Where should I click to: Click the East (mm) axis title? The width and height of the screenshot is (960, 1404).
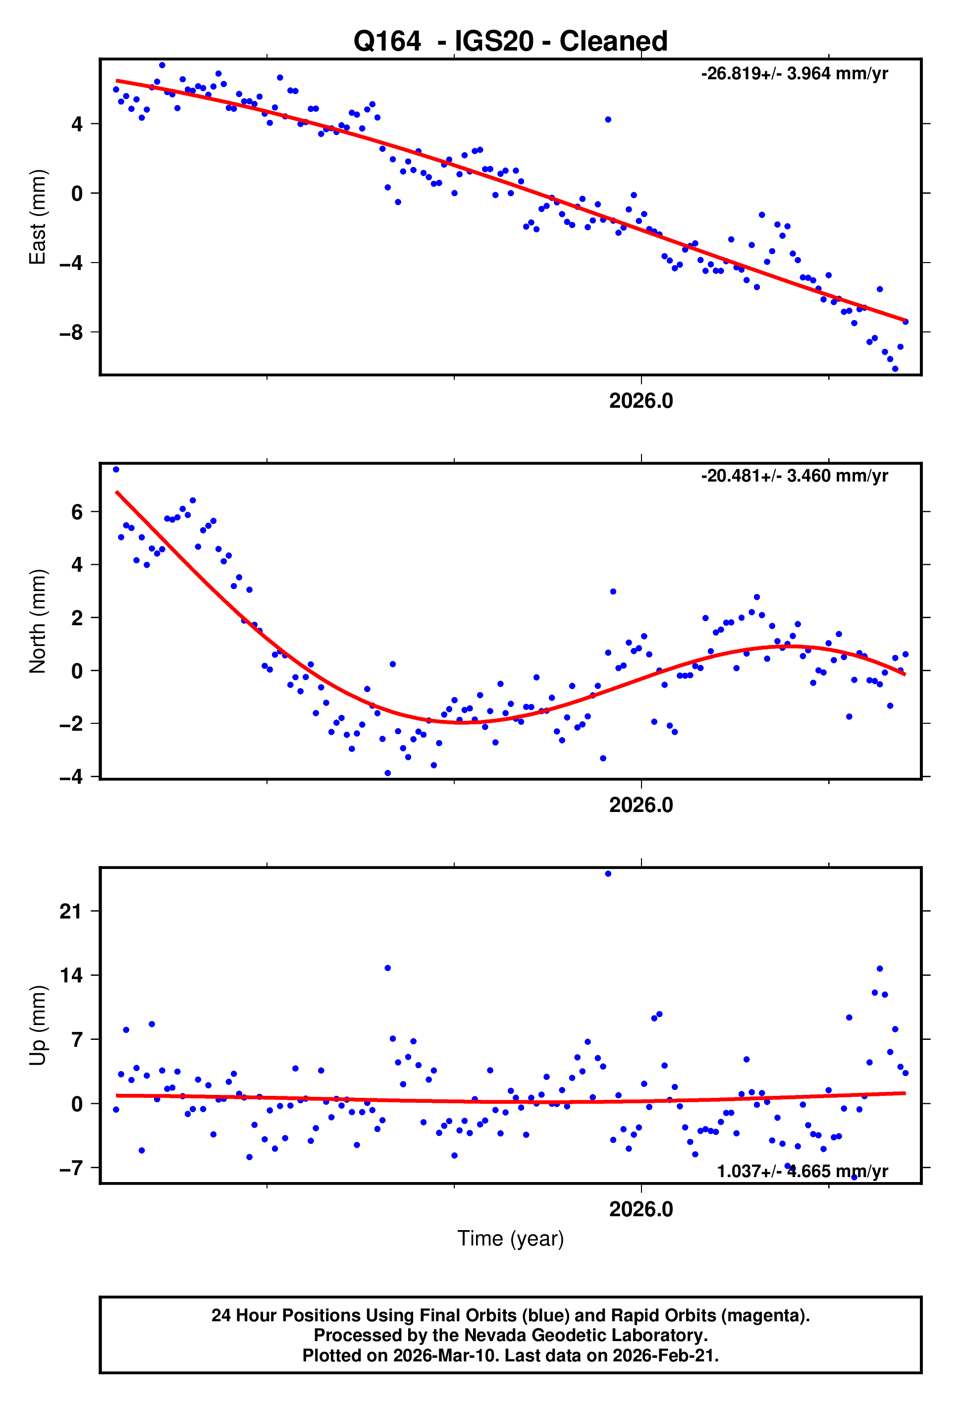38,217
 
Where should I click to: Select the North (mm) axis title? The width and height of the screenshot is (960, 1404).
38,621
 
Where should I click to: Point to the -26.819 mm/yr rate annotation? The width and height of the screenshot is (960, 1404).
794,74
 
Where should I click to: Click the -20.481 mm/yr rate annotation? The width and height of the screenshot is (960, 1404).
794,476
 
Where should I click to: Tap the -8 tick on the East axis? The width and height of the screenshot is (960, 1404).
71,332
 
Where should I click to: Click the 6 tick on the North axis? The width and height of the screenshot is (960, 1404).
77,512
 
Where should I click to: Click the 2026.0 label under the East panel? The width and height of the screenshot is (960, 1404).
640,401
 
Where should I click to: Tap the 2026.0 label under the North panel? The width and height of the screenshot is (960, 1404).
640,806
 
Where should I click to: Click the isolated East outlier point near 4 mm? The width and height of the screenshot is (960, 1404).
608,119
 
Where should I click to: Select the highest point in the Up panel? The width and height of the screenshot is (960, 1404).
608,873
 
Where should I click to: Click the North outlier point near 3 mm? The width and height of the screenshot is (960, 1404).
613,592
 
